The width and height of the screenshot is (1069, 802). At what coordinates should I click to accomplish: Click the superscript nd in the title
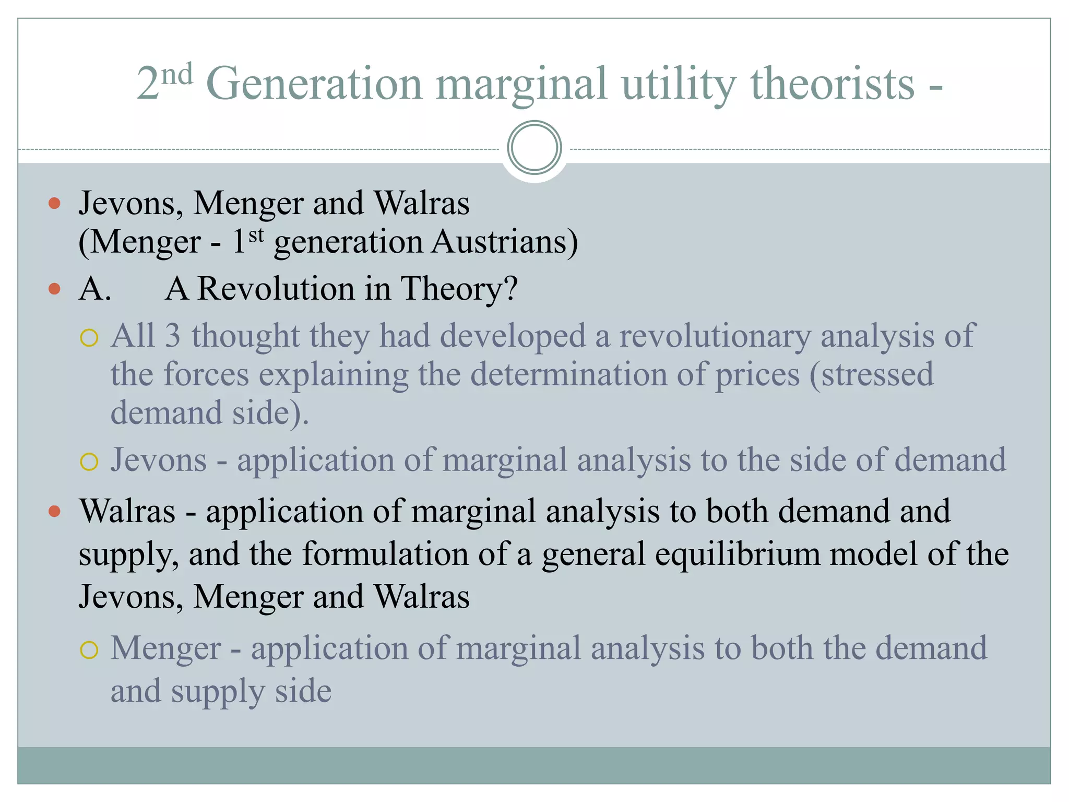(x=176, y=75)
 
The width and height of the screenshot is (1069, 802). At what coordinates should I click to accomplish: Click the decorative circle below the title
(x=534, y=148)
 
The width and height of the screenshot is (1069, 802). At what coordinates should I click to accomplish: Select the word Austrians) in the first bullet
(x=505, y=242)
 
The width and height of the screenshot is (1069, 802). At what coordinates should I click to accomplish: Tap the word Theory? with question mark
(x=459, y=289)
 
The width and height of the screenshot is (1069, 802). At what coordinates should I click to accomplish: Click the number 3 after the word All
(x=173, y=335)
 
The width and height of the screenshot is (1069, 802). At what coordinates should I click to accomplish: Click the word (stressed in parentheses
(x=871, y=374)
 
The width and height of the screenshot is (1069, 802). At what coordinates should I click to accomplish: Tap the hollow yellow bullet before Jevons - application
(x=89, y=462)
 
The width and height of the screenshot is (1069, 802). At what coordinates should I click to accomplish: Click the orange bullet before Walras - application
(x=54, y=511)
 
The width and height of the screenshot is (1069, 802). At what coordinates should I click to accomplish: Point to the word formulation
(x=385, y=554)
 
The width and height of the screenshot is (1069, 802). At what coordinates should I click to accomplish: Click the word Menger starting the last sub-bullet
(x=165, y=648)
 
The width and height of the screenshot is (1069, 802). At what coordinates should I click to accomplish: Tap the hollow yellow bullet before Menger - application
(x=89, y=650)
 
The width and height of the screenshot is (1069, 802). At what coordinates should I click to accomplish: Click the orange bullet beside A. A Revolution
(x=54, y=289)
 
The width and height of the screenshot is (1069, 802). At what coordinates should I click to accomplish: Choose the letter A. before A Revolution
(x=94, y=289)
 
